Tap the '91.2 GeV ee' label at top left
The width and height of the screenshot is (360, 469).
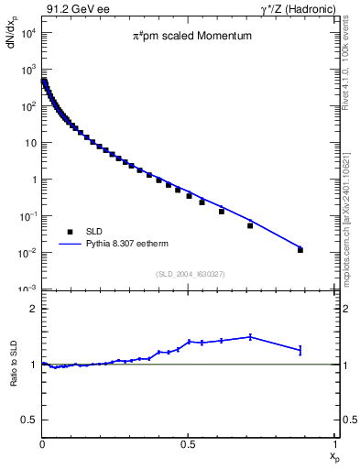pyautogui.click(x=73, y=8)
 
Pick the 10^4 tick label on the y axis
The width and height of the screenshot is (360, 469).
pyautogui.click(x=27, y=33)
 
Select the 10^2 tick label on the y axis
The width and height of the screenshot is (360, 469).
pyautogui.click(x=27, y=106)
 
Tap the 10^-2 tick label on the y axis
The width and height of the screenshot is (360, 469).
pyautogui.click(x=27, y=253)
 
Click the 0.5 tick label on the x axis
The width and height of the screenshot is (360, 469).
pyautogui.click(x=188, y=444)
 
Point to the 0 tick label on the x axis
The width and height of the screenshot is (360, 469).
pyautogui.click(x=42, y=444)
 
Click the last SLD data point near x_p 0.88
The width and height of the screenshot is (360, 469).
pyautogui.click(x=300, y=249)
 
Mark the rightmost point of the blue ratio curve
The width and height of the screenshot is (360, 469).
pyautogui.click(x=300, y=349)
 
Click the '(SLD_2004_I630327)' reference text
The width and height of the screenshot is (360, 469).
pyautogui.click(x=190, y=274)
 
